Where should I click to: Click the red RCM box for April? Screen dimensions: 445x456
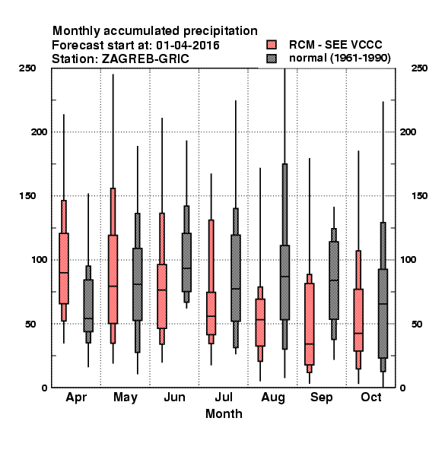coord(64,268)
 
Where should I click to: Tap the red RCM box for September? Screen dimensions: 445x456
coord(310,324)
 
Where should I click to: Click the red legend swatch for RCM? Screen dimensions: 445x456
coord(272,45)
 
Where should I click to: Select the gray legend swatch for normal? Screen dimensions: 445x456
coord(272,59)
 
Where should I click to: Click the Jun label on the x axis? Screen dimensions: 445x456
coord(175,397)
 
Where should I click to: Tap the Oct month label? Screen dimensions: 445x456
coord(371,397)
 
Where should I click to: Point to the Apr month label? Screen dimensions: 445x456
coord(76,397)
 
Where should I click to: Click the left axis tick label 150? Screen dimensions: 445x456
coord(28,196)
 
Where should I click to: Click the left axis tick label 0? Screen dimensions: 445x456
coord(44,388)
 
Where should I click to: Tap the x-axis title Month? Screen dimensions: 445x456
coord(224,414)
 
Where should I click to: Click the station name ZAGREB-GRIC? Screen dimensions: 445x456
coord(145,59)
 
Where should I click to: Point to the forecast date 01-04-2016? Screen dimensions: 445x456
coord(188,46)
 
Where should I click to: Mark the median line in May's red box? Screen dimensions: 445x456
coord(113,287)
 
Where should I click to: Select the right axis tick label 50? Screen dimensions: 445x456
coord(417,324)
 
